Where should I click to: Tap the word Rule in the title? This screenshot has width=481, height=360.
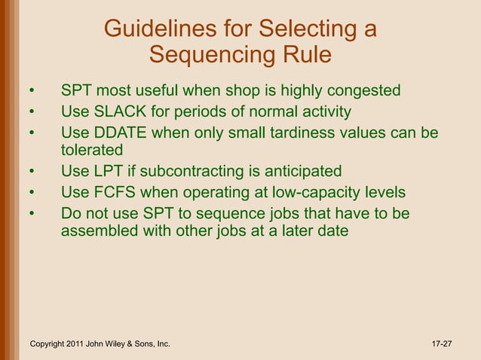tap(305, 55)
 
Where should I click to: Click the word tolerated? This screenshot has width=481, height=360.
tap(92, 150)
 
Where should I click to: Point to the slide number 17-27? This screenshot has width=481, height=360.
tap(442, 344)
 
